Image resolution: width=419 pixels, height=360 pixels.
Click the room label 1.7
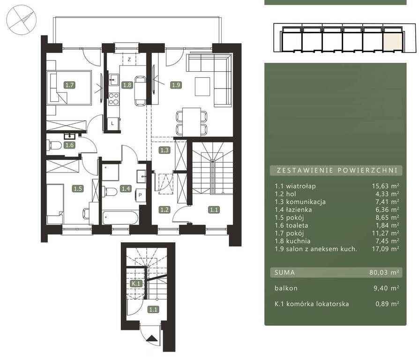69,85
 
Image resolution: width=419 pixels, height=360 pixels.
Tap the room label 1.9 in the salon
176,85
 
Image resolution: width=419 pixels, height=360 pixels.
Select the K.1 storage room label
136,284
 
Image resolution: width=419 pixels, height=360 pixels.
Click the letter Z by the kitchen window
129,60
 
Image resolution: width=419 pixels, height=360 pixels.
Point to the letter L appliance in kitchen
112,123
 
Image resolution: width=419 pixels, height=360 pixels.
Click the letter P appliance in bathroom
140,195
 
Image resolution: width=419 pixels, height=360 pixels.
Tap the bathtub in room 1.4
120,218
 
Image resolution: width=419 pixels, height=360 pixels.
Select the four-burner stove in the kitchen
114,99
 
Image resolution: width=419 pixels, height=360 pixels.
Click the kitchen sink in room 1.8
114,79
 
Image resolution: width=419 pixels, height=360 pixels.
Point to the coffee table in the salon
202,86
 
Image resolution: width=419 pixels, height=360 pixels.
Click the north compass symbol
22,21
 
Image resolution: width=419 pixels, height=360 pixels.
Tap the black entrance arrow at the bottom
152,338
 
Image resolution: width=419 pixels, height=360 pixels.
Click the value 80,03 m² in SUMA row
384,272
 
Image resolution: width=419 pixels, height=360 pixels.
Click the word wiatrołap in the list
301,186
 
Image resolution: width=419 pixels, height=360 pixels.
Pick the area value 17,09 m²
386,249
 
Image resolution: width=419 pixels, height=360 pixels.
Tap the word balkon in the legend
286,288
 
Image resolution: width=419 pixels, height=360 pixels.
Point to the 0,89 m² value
387,304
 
